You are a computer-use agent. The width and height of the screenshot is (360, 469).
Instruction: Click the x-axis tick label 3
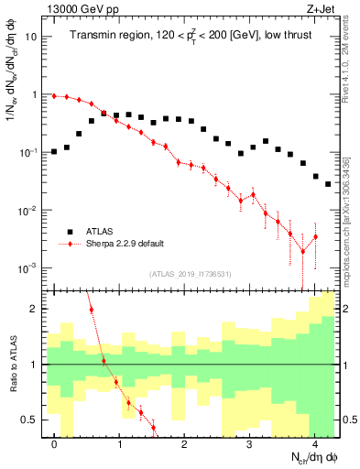pyautogui.click(x=250, y=443)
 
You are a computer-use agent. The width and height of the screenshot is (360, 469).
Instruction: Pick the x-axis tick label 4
pyautogui.click(x=315, y=443)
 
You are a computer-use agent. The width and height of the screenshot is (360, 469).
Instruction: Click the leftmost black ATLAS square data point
pyautogui.click(x=55, y=151)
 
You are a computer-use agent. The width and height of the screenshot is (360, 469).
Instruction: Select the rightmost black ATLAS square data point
pyautogui.click(x=328, y=184)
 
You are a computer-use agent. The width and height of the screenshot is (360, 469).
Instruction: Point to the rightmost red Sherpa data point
pyautogui.click(x=315, y=237)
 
